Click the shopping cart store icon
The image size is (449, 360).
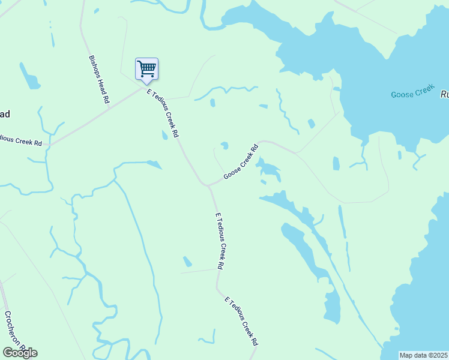click(146, 69)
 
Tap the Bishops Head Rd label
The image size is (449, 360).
click(99, 80)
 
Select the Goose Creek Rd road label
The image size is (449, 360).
click(241, 161)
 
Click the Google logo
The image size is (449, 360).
click(20, 352)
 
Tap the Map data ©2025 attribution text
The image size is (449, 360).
click(423, 355)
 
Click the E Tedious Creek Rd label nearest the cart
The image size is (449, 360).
click(163, 113)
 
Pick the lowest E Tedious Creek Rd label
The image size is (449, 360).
click(241, 322)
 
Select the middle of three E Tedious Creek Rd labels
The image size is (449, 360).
click(220, 241)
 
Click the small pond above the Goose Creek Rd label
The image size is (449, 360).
click(224, 145)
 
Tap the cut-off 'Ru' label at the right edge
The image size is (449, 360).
click(445, 94)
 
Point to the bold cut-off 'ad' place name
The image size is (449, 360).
click(5, 114)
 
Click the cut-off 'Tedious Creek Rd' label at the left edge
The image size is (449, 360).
click(21, 141)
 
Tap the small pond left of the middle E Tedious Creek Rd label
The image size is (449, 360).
click(188, 262)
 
